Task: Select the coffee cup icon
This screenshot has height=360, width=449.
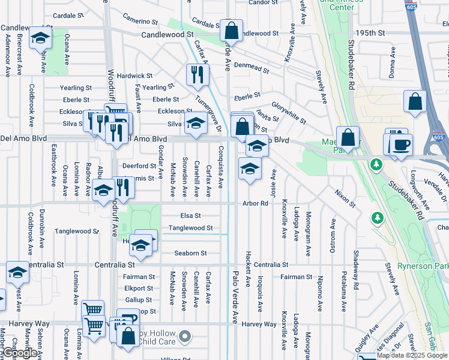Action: tap(401, 145)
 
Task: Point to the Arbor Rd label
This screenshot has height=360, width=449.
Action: tap(255, 203)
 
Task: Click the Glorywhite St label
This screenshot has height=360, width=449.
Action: tap(288, 113)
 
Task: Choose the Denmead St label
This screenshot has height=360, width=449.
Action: tap(252, 66)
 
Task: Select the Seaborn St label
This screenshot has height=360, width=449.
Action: tap(190, 253)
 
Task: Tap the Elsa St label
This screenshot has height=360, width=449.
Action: tap(190, 215)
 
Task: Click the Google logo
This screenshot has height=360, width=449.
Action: tap(20, 353)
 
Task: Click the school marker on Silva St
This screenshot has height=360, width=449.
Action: tap(195, 123)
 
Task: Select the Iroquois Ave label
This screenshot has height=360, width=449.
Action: tap(260, 294)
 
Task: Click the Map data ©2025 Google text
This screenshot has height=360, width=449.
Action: tap(412, 356)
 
